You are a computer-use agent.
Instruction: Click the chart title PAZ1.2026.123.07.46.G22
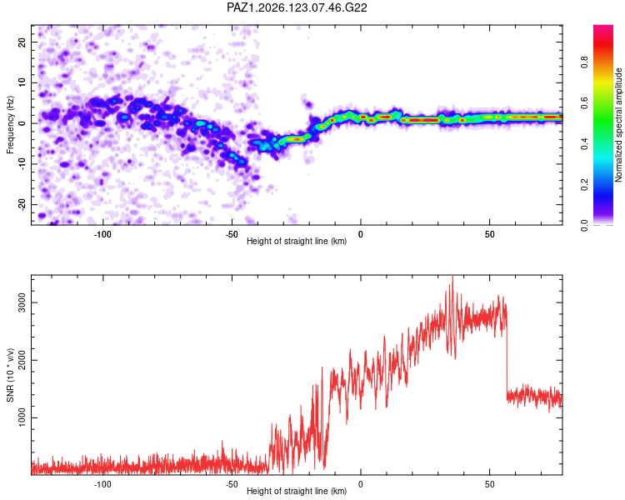[297, 7]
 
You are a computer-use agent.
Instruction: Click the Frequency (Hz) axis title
[10, 125]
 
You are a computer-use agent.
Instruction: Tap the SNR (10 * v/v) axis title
[10, 375]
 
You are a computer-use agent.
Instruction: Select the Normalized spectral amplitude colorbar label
[618, 125]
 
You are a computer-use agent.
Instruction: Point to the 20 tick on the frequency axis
[22, 42]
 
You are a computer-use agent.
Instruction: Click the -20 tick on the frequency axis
[22, 204]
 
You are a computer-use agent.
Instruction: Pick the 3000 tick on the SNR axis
[22, 302]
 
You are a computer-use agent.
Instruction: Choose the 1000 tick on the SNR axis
[22, 417]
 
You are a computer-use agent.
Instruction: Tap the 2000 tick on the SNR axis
[22, 360]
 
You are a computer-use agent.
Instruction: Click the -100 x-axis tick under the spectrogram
[102, 234]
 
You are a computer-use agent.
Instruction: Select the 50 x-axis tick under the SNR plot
[489, 484]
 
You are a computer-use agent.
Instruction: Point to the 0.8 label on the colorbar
[584, 62]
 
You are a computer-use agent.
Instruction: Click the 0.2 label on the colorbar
[584, 185]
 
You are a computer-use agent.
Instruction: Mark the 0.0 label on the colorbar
[584, 225]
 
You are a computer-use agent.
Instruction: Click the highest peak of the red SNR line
[452, 276]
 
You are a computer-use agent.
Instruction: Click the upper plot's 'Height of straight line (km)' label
[297, 241]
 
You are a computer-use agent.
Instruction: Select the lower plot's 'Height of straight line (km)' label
[297, 491]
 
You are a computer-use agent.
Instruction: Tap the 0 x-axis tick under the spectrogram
[360, 234]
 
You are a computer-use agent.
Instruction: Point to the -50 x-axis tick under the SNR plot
[232, 484]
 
